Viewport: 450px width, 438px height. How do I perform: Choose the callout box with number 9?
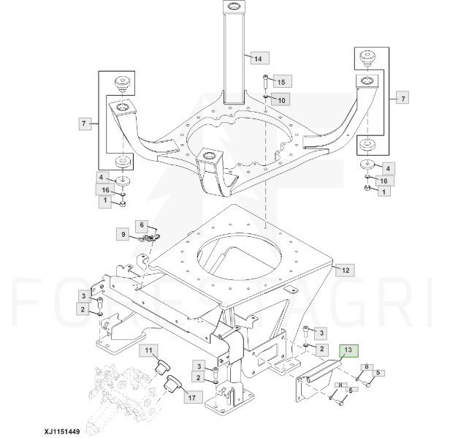[x=123, y=235]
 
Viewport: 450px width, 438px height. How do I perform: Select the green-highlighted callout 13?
[x=350, y=350]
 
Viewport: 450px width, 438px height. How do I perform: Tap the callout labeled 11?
[x=150, y=352]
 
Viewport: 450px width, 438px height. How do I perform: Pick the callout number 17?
[x=192, y=398]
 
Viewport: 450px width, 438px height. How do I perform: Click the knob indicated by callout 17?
[x=174, y=383]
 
